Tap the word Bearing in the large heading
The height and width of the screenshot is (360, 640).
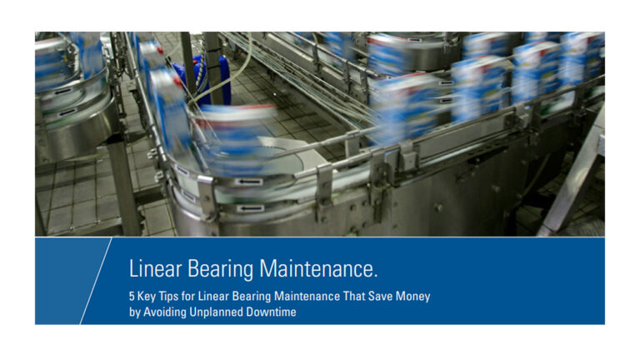(x=220, y=270)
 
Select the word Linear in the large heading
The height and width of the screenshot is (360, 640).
(x=155, y=269)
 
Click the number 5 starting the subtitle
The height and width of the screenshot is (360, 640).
(x=132, y=296)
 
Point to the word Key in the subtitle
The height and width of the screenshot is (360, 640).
(x=146, y=297)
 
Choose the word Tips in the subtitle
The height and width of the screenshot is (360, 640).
(x=168, y=297)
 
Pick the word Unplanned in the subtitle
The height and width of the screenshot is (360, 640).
(x=215, y=312)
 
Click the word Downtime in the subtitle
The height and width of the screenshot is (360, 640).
(x=270, y=312)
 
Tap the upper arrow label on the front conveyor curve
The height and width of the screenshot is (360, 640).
(x=248, y=182)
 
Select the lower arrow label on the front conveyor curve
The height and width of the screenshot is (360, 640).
(x=250, y=208)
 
